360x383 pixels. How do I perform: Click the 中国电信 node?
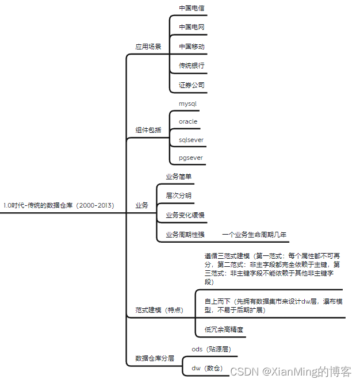[192, 9]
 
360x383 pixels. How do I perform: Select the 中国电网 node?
[192, 27]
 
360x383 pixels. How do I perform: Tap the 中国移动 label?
[192, 47]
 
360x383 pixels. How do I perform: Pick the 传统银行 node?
[192, 66]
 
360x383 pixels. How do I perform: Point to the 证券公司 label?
[192, 85]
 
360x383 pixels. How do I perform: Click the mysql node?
[188, 104]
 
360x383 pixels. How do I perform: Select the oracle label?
[188, 122]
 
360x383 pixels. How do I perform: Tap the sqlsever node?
[191, 140]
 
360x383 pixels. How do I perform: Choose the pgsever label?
[190, 158]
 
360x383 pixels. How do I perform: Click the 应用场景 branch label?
[148, 47]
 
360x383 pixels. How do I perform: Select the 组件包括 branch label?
[148, 131]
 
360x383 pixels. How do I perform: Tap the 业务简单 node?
[179, 177]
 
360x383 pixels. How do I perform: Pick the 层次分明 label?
[179, 196]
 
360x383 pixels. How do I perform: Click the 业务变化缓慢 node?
[185, 215]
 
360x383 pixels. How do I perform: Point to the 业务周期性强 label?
[185, 235]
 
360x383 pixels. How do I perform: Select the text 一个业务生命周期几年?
[254, 235]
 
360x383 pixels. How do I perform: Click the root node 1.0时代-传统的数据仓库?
[59, 205]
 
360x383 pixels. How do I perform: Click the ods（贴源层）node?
[211, 349]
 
